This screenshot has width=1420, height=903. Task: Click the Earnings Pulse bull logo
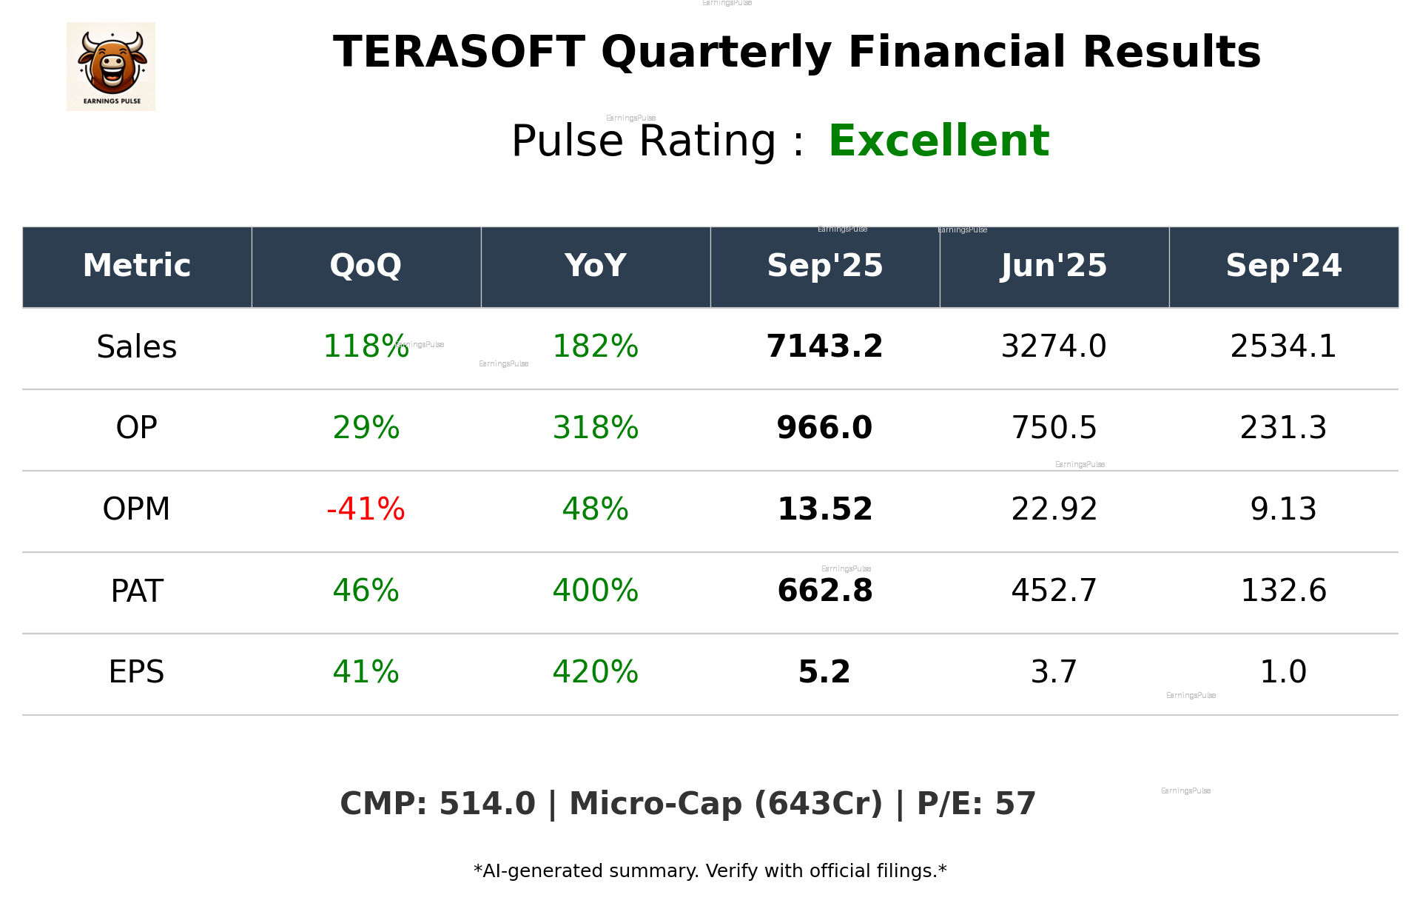coord(111,67)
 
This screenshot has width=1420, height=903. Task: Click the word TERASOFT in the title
coord(459,53)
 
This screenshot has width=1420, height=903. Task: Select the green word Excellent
coord(938,141)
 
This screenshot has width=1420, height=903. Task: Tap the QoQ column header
coord(366,266)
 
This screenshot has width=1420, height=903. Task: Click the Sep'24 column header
coord(1283,266)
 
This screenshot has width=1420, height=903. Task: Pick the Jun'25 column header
coord(1054,266)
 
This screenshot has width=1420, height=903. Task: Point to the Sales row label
coord(137,346)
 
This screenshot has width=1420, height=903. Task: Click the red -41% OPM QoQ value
coord(366,509)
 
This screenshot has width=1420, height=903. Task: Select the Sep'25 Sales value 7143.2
coord(824,346)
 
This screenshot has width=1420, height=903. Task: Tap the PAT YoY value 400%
coord(595,591)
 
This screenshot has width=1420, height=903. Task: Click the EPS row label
coord(137,672)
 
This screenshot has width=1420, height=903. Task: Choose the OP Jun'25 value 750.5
coord(1054,428)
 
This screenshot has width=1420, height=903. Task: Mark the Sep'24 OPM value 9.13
coord(1283,509)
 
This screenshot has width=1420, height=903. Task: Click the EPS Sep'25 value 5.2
coord(824,672)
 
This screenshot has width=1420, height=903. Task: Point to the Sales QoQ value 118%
coord(366,346)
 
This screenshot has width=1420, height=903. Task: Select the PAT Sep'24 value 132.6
coord(1283,591)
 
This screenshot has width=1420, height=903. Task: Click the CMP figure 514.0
coord(486,804)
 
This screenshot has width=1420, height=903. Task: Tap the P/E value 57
coord(1014,804)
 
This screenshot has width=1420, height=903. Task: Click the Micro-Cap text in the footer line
coord(655,804)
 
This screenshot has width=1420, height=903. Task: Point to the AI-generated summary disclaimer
coord(710,871)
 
